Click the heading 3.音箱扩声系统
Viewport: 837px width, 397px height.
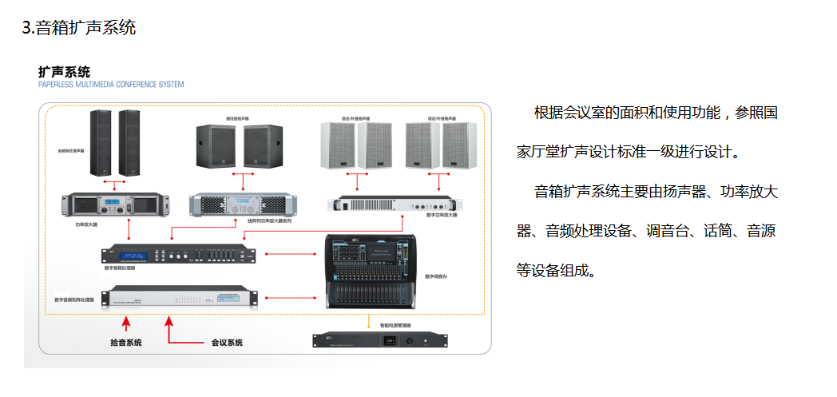(79, 28)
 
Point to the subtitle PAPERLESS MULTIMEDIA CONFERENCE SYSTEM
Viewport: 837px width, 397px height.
(111, 84)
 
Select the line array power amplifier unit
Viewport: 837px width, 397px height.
(240, 205)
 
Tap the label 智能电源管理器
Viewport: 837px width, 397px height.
(395, 326)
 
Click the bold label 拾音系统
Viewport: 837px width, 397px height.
(125, 342)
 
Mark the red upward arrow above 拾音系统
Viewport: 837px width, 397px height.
(125, 324)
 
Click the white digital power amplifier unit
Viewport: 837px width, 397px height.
(395, 204)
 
